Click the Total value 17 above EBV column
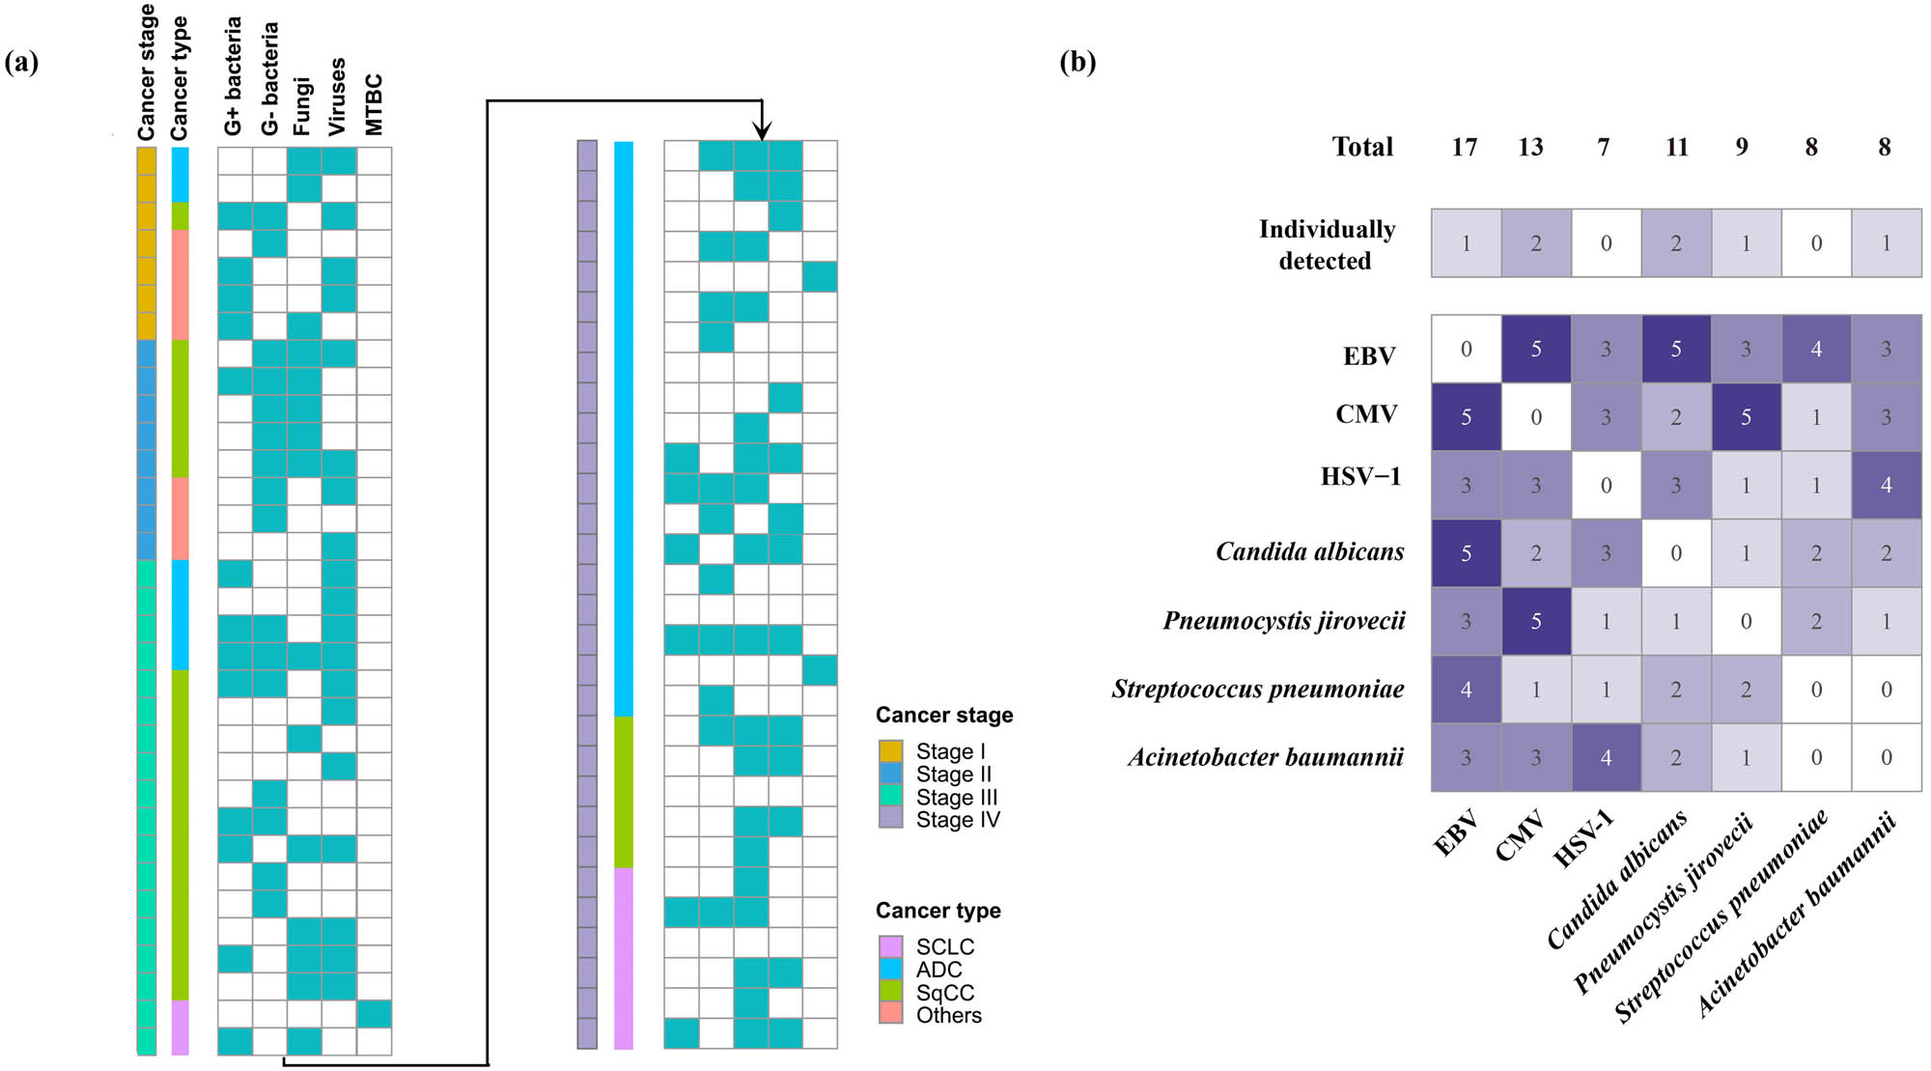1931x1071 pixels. (x=1464, y=147)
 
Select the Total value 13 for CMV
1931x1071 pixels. (x=1530, y=147)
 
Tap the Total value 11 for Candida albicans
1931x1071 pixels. (x=1676, y=147)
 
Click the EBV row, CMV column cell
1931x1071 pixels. (x=1535, y=349)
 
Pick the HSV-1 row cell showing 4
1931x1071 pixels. (x=1886, y=485)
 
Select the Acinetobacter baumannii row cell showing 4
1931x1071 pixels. (x=1606, y=757)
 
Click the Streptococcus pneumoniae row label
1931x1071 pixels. (x=1257, y=689)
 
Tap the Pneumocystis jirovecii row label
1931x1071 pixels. (x=1283, y=620)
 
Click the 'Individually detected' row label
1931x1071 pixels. (x=1327, y=244)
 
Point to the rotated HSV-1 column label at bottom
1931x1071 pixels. (x=1583, y=838)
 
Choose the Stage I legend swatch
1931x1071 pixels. (x=890, y=751)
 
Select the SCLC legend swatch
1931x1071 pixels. (x=890, y=946)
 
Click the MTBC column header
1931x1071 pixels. (x=375, y=104)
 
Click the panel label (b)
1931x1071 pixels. (x=1077, y=63)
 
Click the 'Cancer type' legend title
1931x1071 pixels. (x=938, y=911)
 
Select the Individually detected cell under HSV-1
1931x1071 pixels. (x=1606, y=243)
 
